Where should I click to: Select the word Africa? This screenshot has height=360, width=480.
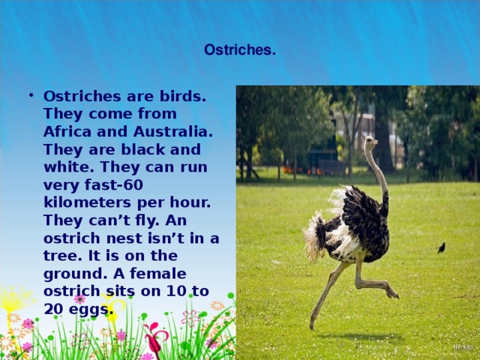tap(66, 131)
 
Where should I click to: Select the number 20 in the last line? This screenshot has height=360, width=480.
tap(54, 309)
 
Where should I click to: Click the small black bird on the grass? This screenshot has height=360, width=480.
tap(441, 247)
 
